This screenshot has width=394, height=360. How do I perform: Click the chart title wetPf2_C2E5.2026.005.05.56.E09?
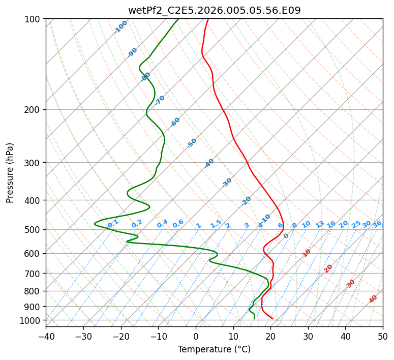(x=214, y=10)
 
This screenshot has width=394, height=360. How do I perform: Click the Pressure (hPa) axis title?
(x=10, y=172)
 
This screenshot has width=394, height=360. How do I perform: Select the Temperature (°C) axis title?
(x=214, y=349)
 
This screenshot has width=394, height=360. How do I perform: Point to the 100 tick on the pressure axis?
(x=34, y=19)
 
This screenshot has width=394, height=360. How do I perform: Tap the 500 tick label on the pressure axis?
(x=34, y=230)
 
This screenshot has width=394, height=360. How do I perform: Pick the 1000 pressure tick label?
(x=32, y=320)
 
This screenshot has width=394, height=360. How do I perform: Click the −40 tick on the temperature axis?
(x=46, y=337)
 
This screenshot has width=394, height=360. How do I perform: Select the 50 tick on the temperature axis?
(x=383, y=337)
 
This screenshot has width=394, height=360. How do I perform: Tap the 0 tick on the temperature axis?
(x=196, y=337)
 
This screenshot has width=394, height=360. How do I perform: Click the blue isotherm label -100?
(x=120, y=27)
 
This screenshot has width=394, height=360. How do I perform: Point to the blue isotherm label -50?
(x=192, y=143)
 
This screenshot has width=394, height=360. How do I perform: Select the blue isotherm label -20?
(x=246, y=201)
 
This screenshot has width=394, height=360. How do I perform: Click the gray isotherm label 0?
(x=286, y=236)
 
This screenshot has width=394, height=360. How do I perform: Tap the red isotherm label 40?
(x=373, y=299)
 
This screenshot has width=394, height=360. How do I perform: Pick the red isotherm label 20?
(x=328, y=268)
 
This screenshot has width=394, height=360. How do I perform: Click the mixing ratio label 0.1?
(x=113, y=223)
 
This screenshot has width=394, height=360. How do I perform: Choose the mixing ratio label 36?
(x=377, y=224)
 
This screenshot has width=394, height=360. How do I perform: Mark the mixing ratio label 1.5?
(x=216, y=224)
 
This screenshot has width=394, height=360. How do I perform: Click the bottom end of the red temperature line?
(x=272, y=319)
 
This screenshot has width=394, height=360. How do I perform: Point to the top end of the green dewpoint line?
(x=178, y=19)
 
